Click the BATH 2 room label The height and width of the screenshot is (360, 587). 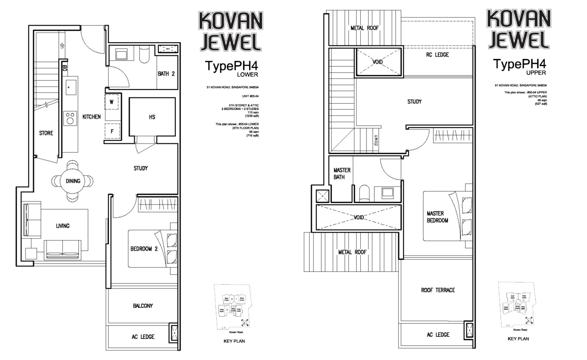166,74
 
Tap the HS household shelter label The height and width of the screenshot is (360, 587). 152,117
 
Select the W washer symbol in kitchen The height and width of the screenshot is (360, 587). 111,102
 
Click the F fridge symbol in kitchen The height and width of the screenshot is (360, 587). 112,132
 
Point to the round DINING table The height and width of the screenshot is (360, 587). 73,181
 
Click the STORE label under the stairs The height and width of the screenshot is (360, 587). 46,133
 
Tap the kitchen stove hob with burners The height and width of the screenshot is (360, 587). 70,118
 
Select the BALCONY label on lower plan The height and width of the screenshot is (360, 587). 143,306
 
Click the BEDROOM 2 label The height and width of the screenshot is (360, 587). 144,249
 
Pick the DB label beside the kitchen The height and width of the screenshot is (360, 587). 65,67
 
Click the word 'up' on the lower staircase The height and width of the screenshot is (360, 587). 62,46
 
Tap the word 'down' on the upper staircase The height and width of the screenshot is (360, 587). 376,140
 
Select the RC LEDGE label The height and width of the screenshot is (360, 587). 437,55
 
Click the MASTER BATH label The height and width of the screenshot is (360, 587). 342,173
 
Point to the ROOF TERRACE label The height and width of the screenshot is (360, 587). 438,290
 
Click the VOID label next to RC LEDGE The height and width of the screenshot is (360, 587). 378,62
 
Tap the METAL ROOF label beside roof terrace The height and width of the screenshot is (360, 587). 352,252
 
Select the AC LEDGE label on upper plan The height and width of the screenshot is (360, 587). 438,335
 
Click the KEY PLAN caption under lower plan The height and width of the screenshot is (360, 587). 234,341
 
